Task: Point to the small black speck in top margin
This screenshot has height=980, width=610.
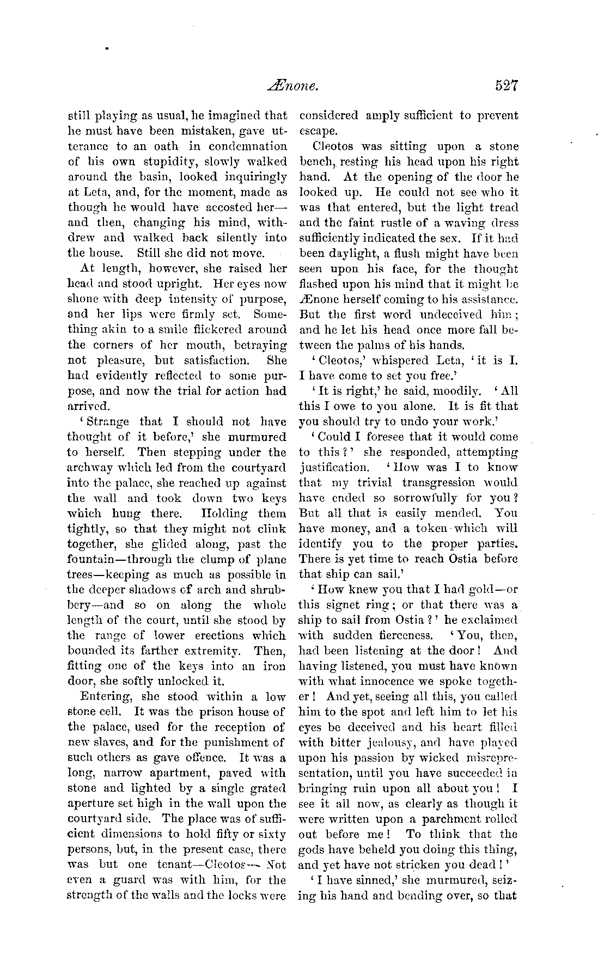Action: tap(108, 48)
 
